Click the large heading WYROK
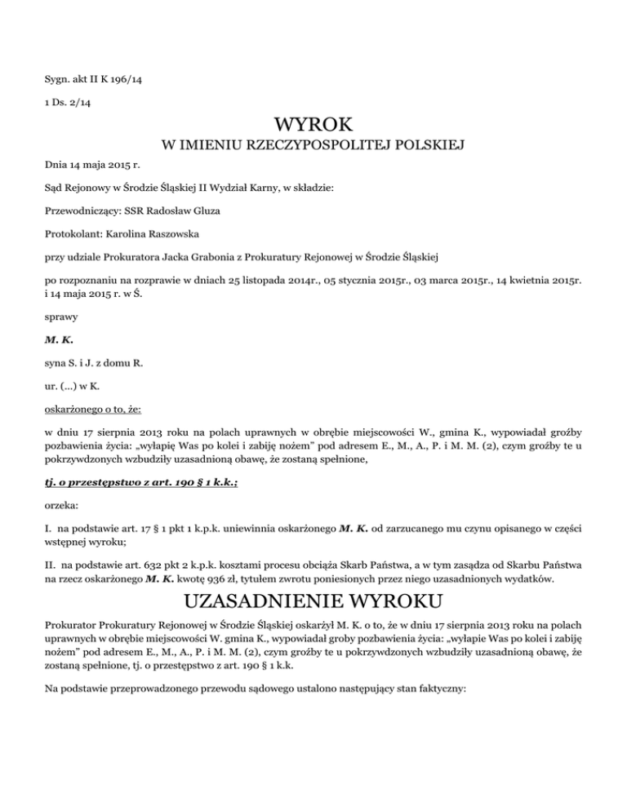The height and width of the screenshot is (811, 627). click(x=313, y=125)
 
